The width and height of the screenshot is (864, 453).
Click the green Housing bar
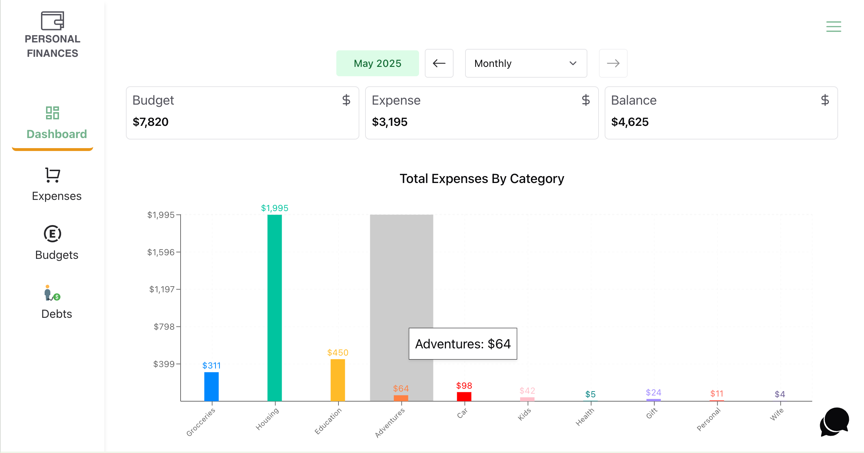point(274,307)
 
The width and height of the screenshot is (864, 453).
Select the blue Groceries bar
point(212,386)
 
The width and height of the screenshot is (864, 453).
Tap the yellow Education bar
point(338,380)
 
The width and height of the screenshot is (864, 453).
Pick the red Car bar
point(464,396)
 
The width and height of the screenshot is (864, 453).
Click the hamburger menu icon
point(833,27)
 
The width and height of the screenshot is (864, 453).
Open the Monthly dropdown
point(526,63)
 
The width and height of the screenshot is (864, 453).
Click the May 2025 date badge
point(377,63)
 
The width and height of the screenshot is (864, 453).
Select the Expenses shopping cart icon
point(53,175)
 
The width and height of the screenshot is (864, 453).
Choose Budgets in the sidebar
point(56,255)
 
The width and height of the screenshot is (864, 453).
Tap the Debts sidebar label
point(56,314)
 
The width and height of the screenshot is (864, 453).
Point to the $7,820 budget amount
point(150,122)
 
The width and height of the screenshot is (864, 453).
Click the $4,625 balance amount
point(629,122)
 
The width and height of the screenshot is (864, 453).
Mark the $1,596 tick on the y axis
point(161,252)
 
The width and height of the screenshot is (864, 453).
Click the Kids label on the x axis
point(524,414)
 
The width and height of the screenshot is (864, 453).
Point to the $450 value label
point(338,353)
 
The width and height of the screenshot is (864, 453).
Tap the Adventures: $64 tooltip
point(463,344)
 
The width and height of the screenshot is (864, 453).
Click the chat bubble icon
point(835,421)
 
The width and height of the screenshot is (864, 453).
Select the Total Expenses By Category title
point(482,179)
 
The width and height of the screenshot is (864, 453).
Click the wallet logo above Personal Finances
point(53,20)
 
